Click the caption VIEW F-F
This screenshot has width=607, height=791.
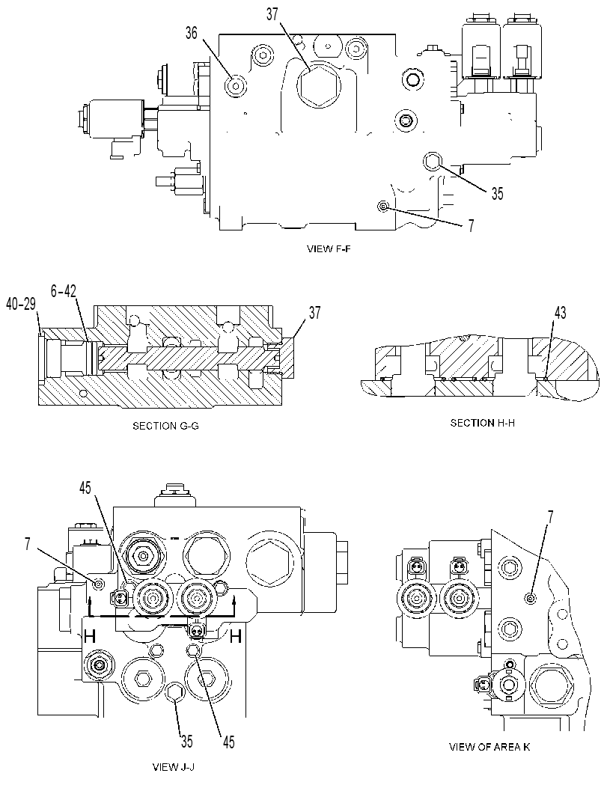point(328,248)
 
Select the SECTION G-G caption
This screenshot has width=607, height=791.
point(165,426)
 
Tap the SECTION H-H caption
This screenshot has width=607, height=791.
point(482,423)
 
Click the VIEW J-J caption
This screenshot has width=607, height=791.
point(174,767)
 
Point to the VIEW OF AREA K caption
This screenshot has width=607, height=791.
point(489,747)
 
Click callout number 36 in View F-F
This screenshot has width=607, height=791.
point(192,33)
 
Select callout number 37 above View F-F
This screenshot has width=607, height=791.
point(272,15)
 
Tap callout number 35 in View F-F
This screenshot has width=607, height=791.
point(497,194)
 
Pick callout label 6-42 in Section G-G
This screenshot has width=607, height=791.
point(64,291)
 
